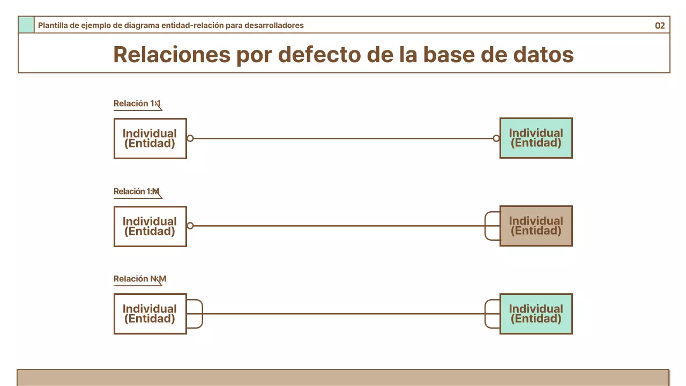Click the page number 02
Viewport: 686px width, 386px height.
(x=660, y=26)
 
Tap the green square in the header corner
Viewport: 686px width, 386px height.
(x=26, y=25)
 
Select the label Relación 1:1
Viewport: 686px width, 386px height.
(x=137, y=103)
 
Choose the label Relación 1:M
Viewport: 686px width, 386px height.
(x=137, y=191)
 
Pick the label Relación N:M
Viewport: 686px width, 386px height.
(x=139, y=279)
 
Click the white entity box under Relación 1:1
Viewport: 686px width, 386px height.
(x=150, y=138)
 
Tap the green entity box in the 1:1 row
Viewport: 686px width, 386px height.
(x=536, y=138)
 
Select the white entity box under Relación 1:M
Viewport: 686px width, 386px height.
(x=150, y=226)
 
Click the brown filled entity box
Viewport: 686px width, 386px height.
(x=536, y=226)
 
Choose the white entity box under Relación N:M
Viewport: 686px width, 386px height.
(x=150, y=314)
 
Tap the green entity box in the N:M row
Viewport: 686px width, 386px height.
(x=536, y=314)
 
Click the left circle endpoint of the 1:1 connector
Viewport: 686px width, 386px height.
(x=190, y=138)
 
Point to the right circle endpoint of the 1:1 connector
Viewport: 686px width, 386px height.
(x=496, y=138)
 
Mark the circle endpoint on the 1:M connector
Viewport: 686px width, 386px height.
(x=190, y=226)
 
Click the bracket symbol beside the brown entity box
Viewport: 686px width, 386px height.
(x=491, y=226)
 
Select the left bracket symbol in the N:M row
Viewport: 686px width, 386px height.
(x=195, y=314)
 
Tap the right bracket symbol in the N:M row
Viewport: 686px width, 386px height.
(x=491, y=314)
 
